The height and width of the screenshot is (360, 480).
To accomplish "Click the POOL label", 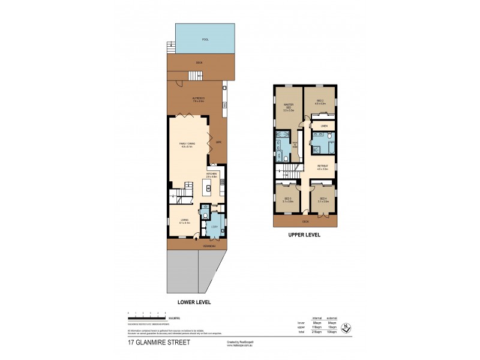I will [205, 40].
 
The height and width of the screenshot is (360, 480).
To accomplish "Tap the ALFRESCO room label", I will [198, 98].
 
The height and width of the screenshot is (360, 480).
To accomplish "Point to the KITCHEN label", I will [211, 175].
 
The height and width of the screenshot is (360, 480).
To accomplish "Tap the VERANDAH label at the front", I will [208, 245].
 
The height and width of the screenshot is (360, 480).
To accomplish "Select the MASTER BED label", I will [289, 107].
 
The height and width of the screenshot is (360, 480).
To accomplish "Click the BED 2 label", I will [320, 102].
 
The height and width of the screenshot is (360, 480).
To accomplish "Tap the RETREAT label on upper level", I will [323, 168].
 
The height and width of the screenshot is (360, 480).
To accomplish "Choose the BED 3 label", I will [288, 200].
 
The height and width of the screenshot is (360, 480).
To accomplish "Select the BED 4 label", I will [323, 200].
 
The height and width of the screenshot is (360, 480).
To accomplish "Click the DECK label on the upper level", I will [305, 221].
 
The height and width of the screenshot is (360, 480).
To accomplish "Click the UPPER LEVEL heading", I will [304, 235].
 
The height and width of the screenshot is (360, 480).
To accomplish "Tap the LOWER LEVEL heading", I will [194, 302].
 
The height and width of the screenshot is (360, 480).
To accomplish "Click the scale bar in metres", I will [148, 314].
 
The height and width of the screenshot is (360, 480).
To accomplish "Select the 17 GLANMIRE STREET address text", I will [159, 343].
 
